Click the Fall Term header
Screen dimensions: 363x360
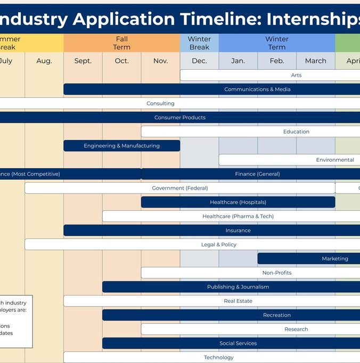coord(121,43)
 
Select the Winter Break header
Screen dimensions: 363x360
coord(199,43)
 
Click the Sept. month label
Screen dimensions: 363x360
coord(83,61)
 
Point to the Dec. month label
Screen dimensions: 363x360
coord(199,61)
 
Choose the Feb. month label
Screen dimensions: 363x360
coord(277,61)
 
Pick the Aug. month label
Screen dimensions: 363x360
coord(44,61)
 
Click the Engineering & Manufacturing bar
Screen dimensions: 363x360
coord(121,146)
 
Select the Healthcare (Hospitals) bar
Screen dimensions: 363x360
coord(238,202)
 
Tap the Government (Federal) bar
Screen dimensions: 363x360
coord(180,188)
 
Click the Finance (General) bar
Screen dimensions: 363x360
coord(257,174)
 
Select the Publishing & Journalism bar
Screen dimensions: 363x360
coord(238,287)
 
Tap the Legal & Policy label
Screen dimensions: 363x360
coord(218,244)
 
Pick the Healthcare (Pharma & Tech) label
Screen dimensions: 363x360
coord(238,216)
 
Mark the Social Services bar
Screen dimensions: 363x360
coord(238,343)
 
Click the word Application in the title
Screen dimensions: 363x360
coord(124,20)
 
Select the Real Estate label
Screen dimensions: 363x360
coord(238,301)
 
